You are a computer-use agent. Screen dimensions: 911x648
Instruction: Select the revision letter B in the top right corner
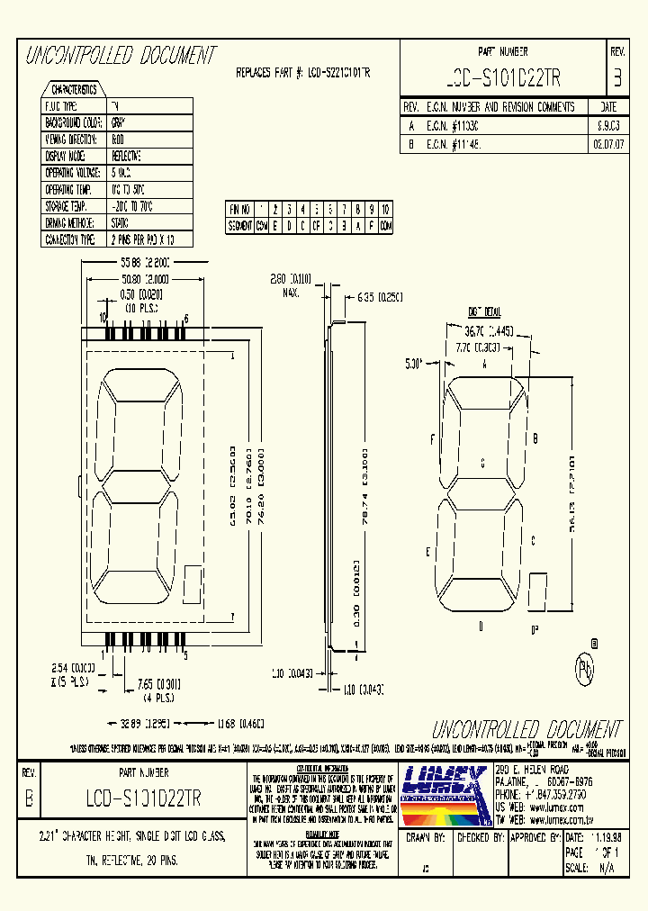616,78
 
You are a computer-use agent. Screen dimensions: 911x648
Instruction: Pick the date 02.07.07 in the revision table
608,142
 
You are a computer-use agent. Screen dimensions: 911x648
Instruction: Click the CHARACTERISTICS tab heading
74,90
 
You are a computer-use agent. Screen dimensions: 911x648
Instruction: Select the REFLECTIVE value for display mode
126,156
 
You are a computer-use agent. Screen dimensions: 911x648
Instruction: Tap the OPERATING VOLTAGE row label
74,172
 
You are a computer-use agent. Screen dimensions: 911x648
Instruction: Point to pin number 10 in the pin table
386,208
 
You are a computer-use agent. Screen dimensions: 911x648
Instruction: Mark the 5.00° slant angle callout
413,364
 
